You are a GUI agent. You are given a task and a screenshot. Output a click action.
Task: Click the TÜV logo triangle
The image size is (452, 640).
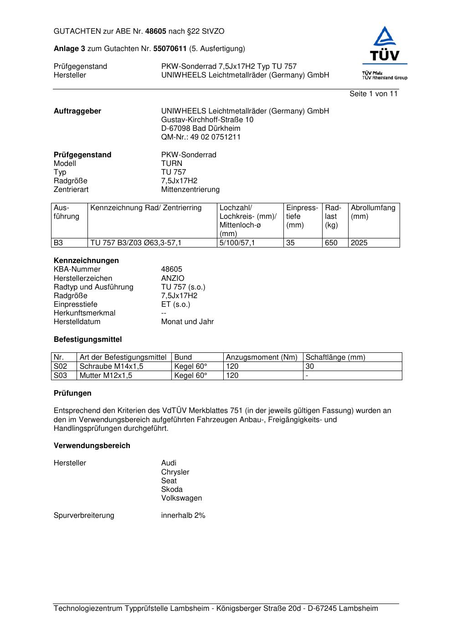[385, 37]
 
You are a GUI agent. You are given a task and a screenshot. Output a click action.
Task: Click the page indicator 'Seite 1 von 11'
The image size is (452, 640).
[373, 94]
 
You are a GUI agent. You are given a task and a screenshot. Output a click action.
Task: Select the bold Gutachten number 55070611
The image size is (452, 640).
[170, 49]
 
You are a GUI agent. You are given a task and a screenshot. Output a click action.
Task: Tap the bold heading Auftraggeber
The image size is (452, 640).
[77, 111]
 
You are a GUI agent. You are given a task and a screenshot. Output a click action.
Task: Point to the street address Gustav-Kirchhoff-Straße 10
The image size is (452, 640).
[207, 120]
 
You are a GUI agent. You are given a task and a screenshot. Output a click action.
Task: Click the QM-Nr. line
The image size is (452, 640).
[201, 137]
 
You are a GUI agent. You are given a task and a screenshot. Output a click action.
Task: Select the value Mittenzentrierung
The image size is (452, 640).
[190, 190]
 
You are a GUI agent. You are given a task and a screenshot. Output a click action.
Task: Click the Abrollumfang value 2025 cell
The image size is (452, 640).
[359, 243]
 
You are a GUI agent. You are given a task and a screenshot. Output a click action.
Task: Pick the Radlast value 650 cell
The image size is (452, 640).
[331, 243]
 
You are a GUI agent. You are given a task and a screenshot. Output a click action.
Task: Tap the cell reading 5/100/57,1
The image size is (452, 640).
[237, 243]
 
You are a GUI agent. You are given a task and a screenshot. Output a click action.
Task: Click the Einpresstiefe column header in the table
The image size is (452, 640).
[302, 217]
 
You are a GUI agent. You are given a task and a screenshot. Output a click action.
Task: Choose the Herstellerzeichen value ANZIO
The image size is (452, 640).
[173, 279]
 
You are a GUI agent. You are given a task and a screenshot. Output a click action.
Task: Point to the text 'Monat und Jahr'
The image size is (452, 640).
[187, 322]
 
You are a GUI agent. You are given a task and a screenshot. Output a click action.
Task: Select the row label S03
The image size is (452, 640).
[61, 376]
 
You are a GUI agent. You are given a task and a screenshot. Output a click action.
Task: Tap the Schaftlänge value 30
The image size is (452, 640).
[310, 366]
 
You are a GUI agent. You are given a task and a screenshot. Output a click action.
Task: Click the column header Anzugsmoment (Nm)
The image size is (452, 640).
[262, 357]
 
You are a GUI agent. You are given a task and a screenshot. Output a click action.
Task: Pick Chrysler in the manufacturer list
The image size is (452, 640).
[175, 472]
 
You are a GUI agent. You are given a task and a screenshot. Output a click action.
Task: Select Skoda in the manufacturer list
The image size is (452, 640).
[172, 490]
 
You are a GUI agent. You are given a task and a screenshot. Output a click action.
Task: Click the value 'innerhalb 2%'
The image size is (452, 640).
[183, 516]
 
